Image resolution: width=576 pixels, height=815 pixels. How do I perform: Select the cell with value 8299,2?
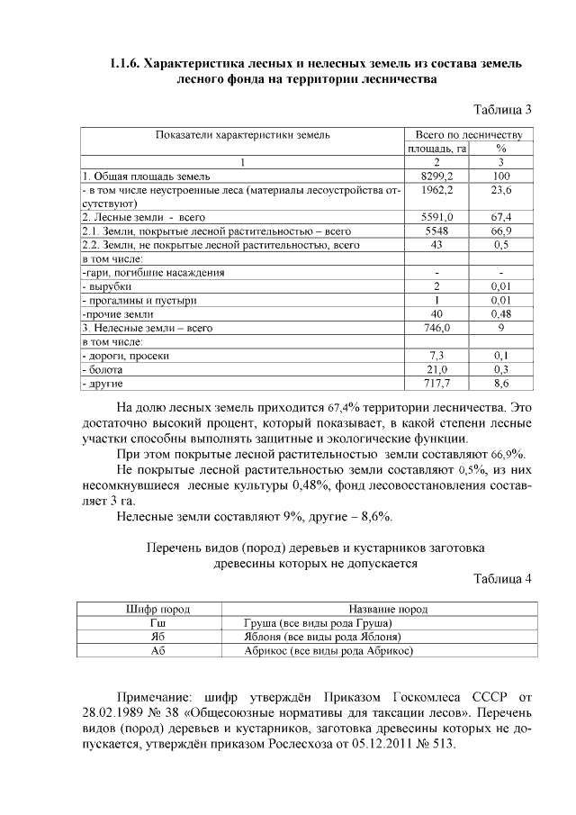436,177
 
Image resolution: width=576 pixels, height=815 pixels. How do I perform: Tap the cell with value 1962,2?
436,190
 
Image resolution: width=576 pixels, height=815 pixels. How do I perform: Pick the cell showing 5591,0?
436,217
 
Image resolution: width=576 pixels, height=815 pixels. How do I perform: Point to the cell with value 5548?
436,231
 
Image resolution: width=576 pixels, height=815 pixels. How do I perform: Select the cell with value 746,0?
436,329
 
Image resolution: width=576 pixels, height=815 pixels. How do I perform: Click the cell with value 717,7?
436,384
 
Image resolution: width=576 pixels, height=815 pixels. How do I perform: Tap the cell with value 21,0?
436,370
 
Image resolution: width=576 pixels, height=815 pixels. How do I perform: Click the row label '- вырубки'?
112,285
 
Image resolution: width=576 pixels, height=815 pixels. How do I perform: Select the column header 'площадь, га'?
436,149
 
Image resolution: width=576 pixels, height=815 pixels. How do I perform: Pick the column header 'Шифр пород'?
152,610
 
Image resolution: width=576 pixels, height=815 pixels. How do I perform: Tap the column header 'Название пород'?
387,610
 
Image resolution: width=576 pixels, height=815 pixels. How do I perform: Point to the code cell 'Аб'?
152,650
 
